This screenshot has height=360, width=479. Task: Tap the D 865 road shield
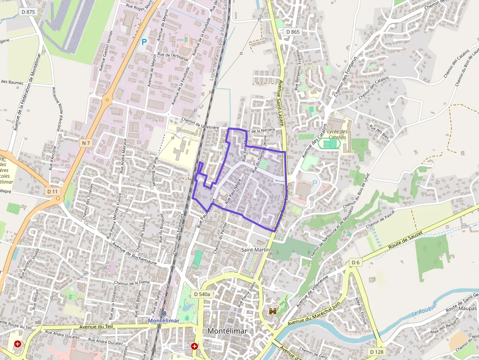(293, 32)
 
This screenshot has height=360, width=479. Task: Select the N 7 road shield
(86, 143)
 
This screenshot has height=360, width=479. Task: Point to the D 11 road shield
(53, 191)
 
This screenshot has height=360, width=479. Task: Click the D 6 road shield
(355, 263)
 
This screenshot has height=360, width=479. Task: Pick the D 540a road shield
(201, 294)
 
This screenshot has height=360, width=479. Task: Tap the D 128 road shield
(376, 352)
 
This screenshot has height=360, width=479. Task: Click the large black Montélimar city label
(227, 331)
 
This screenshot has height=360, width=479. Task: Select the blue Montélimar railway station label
(164, 320)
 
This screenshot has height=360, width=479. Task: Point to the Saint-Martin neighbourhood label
(256, 250)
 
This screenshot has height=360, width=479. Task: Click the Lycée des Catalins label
(338, 134)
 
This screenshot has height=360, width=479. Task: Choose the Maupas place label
(468, 308)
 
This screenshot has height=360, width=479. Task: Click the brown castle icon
(273, 311)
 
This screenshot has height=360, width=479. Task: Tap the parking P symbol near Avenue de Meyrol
(144, 42)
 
